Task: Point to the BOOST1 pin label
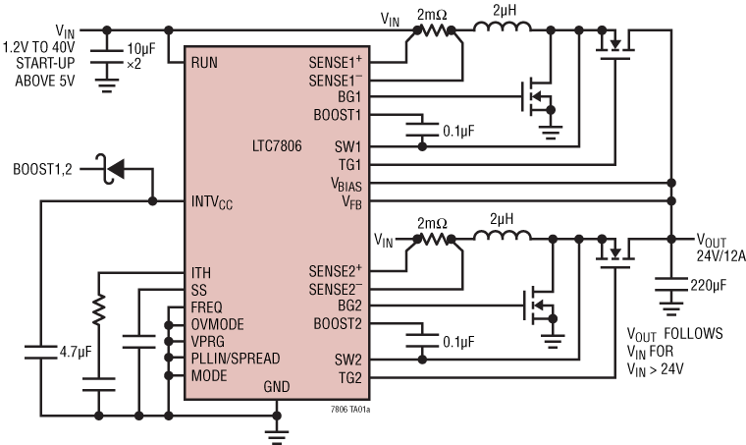tap(338, 115)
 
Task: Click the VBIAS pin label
tap(345, 184)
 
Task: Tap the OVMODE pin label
tap(218, 324)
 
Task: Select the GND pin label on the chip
tap(277, 387)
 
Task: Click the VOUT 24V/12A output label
tap(720, 249)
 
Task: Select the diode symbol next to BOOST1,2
tap(115, 169)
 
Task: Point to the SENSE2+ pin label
tap(337, 270)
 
